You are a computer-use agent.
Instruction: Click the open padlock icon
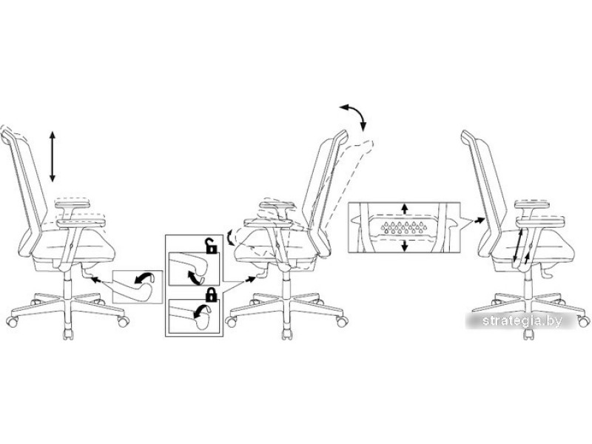point(212,246)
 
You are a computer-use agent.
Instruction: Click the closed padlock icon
point(212,295)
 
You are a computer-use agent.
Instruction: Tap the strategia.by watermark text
point(522,321)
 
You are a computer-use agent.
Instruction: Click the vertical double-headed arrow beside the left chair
point(53,157)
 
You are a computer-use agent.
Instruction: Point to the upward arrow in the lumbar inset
point(405,209)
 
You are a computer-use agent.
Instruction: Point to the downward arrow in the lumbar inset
point(405,246)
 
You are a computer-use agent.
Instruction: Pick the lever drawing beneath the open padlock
point(194,269)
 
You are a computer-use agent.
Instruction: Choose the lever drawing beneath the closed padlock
point(194,317)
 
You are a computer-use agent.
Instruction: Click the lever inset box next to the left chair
point(138,287)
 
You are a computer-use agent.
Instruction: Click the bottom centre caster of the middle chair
point(287,334)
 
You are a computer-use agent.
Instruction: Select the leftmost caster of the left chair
point(12,321)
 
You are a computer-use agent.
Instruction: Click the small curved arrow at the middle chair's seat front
point(229,238)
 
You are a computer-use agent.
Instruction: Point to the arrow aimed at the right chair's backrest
point(480,219)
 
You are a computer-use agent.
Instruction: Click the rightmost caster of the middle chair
point(343,322)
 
